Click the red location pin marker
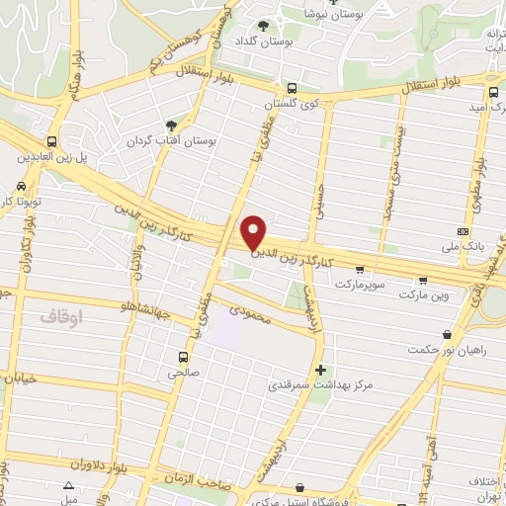point(255,232)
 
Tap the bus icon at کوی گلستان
point(290,87)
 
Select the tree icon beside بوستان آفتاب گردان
point(172,126)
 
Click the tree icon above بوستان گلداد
point(263,27)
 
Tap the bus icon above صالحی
point(183,357)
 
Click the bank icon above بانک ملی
point(464,229)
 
